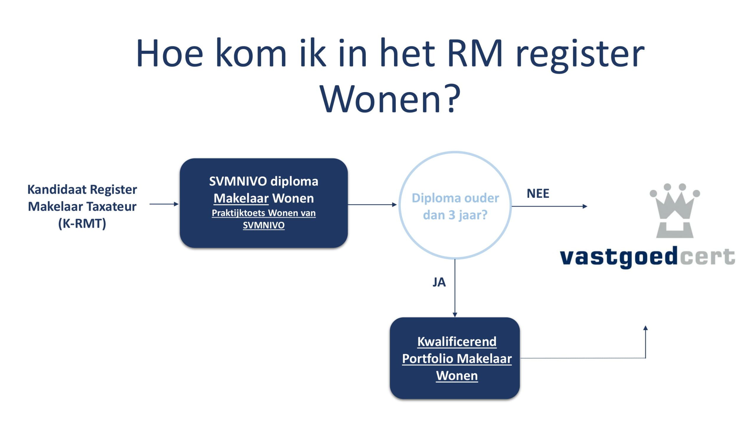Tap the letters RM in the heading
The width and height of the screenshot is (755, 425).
click(475, 53)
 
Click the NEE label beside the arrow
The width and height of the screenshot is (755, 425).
click(538, 194)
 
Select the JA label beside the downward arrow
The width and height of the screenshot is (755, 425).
click(439, 282)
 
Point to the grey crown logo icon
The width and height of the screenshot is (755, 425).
click(675, 210)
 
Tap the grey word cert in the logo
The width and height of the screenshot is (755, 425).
click(708, 257)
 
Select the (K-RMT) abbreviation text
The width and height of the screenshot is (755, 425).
click(82, 224)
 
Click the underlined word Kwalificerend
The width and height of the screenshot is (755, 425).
click(457, 342)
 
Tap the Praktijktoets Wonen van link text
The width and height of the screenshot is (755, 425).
click(264, 213)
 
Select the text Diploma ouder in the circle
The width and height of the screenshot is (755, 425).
click(455, 198)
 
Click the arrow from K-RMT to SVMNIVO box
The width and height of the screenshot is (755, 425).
click(164, 204)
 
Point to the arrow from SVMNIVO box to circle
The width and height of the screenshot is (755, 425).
click(372, 204)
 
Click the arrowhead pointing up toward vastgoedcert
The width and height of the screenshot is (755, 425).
click(646, 328)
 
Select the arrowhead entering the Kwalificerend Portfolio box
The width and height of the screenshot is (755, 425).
click(455, 315)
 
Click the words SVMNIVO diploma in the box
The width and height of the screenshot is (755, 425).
click(264, 182)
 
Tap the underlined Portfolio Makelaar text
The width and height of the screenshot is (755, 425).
click(457, 359)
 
